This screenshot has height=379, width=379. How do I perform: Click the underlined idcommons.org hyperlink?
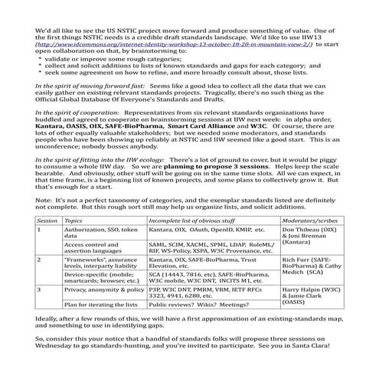173,45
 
